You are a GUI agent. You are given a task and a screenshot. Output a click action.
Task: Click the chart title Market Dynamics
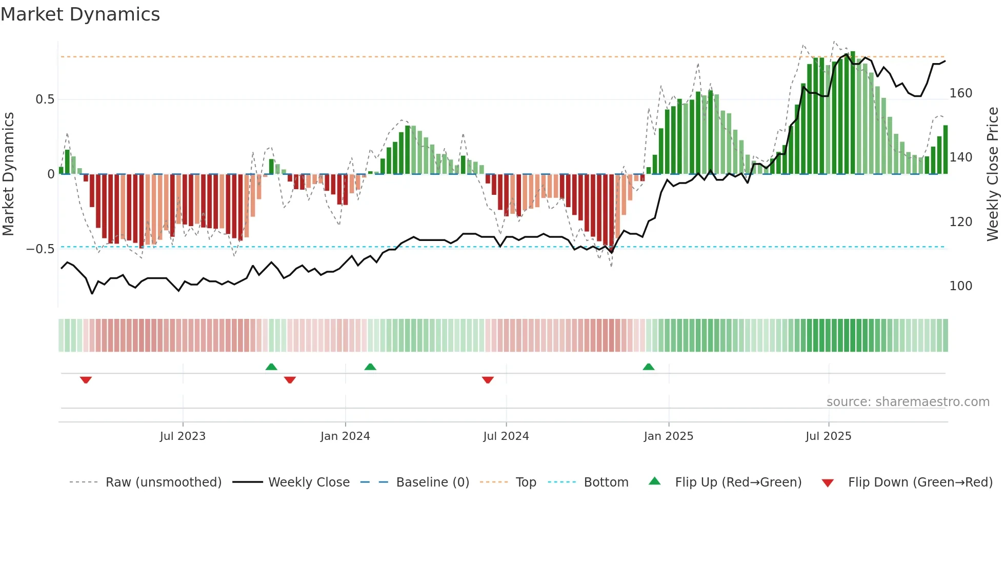coord(81,14)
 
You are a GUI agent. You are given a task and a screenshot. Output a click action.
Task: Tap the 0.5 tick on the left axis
coord(45,99)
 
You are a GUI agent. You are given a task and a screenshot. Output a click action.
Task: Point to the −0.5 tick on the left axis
coord(41,249)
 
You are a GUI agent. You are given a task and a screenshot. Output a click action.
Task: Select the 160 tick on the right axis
coord(960,93)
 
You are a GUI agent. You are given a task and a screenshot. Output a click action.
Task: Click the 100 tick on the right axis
coord(960,286)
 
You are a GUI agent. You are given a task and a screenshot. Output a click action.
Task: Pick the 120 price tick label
coord(960,222)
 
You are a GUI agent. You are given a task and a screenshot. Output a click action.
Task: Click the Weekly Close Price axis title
coord(993,174)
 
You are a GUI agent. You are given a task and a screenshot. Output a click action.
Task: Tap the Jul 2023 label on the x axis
coord(183,436)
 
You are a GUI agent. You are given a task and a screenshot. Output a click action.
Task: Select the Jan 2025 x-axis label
coord(668,436)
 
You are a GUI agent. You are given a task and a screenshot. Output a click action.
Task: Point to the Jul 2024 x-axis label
coord(506,436)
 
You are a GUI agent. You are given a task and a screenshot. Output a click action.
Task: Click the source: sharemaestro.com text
coord(908,402)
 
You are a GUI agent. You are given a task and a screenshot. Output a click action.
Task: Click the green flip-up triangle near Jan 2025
coord(649,367)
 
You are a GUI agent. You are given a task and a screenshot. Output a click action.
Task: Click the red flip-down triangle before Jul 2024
coord(488,380)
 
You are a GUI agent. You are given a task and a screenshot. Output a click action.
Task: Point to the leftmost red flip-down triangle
coord(86,380)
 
